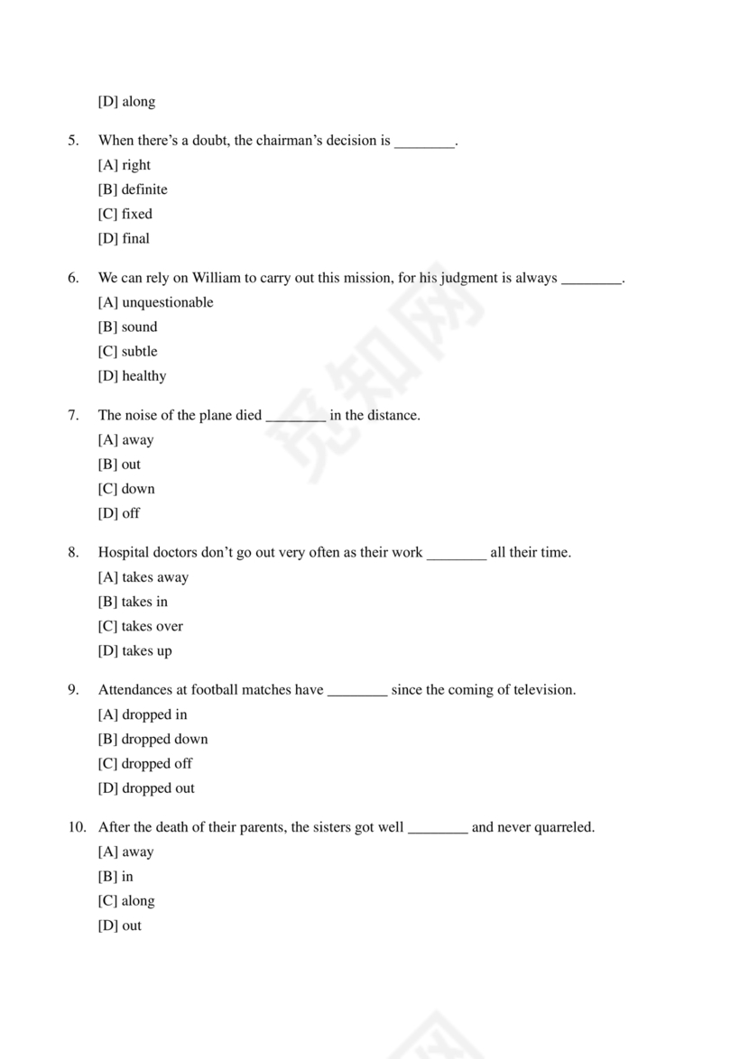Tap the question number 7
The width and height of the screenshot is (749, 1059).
point(73,416)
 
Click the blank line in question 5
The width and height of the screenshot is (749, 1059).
point(425,142)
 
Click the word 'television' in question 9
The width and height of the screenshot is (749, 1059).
point(542,690)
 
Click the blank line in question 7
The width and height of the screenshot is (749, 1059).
point(296,417)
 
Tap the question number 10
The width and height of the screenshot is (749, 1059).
point(77,827)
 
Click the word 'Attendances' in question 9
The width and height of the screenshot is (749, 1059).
point(135,690)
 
